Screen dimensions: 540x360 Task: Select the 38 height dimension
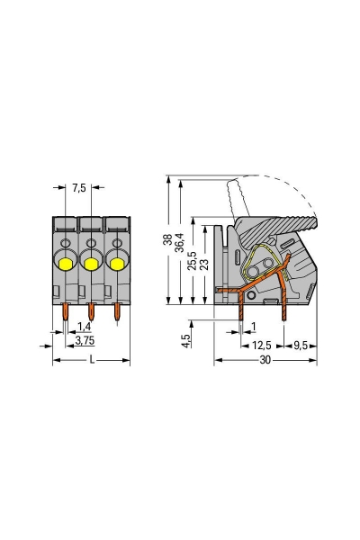click(167, 240)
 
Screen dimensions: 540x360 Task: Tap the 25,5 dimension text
click(193, 261)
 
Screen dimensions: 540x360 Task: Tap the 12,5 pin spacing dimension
click(262, 345)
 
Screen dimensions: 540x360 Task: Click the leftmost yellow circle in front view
click(66, 262)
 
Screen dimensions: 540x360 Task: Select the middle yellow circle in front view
click(90, 262)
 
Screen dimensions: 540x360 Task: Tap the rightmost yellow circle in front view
click(115, 262)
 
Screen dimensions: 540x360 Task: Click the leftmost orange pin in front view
click(66, 311)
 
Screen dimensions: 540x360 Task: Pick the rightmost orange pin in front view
click(116, 311)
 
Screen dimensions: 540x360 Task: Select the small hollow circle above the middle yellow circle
click(90, 243)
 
